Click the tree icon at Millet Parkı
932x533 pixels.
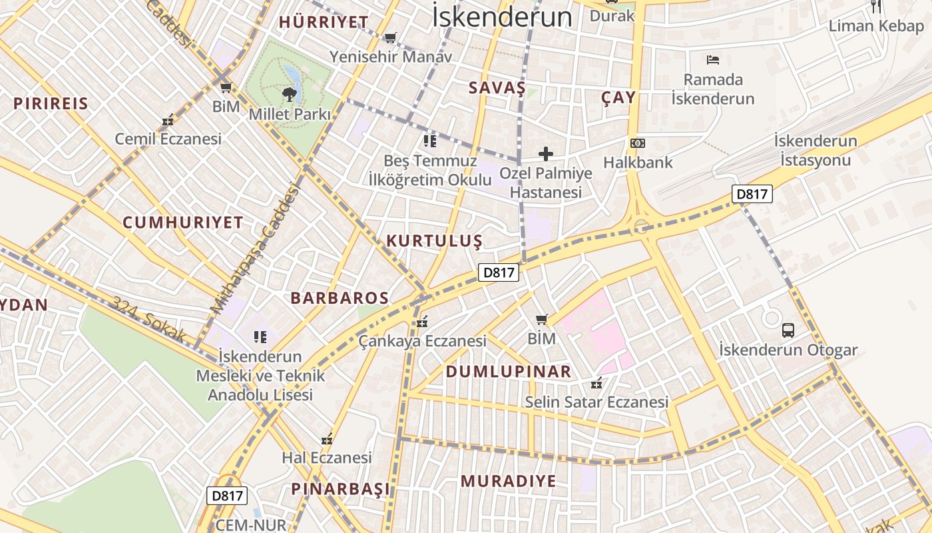point(290,94)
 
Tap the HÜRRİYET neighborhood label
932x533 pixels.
point(324,22)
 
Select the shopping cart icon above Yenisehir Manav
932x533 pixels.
point(391,37)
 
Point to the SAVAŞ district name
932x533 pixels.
point(497,88)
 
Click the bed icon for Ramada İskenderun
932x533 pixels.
point(713,60)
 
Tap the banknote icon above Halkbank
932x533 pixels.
point(638,143)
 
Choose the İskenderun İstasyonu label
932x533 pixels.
point(815,151)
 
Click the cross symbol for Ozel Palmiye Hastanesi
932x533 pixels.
point(546,155)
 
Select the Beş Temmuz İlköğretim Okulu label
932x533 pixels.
point(430,170)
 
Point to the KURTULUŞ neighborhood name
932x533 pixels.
point(434,241)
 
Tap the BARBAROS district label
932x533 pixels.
point(340,298)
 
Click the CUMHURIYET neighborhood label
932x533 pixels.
point(183,223)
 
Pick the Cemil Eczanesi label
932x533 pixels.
point(168,139)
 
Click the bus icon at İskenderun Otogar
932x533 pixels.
point(788,330)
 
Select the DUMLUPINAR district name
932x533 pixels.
point(509,372)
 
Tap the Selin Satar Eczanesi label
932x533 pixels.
point(596,402)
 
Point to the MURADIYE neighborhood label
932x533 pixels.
point(508,481)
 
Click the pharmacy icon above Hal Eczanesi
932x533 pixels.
point(327,440)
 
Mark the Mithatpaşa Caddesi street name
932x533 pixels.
point(256,249)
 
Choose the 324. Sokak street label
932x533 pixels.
point(148,321)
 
